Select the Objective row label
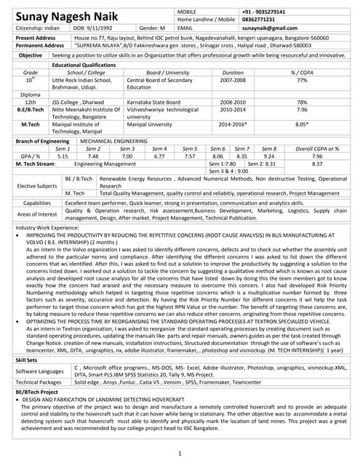(31, 55)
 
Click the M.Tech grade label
(31, 124)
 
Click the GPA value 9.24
(268, 155)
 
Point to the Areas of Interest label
(38, 214)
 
